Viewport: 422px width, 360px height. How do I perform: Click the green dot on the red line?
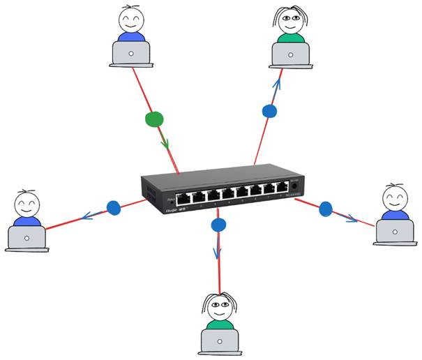[x=155, y=119]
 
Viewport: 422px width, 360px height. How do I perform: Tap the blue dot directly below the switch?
[x=219, y=225]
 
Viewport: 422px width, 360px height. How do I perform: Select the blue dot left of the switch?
[x=114, y=207]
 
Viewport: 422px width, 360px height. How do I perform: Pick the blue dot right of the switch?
[x=326, y=208]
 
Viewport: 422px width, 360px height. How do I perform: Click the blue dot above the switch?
[x=269, y=110]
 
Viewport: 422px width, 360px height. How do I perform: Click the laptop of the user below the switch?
[x=220, y=340]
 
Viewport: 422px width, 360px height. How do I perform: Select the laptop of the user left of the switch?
[x=27, y=237]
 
